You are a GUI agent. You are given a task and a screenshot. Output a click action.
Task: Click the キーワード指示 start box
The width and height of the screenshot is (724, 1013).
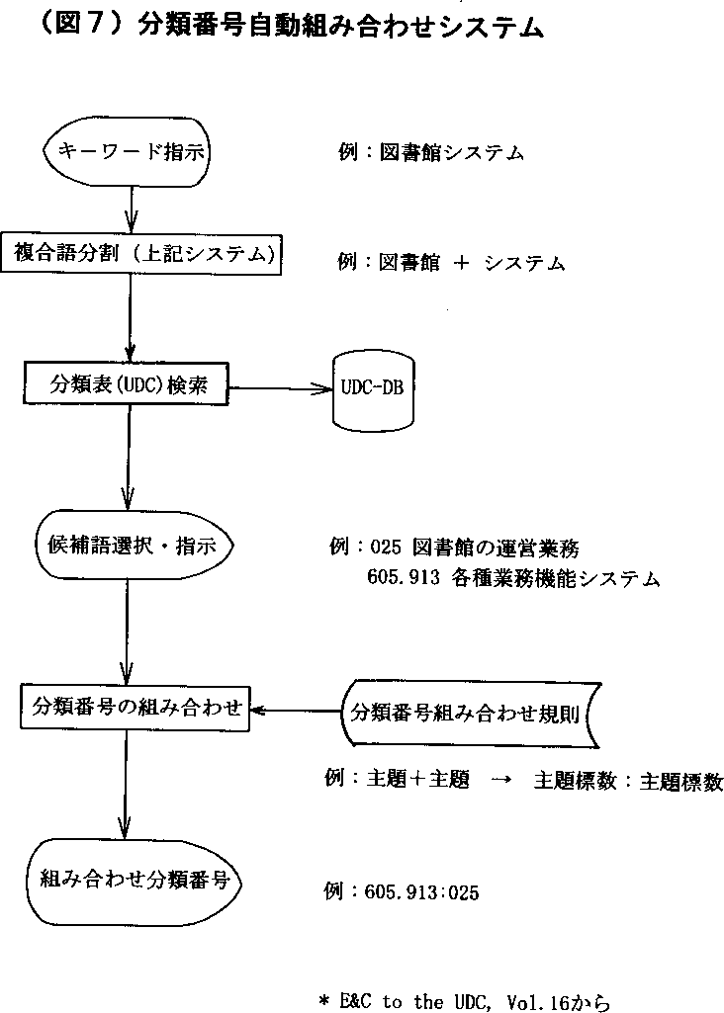click(130, 153)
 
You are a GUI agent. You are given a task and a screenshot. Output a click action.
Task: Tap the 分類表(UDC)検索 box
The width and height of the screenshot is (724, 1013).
click(128, 381)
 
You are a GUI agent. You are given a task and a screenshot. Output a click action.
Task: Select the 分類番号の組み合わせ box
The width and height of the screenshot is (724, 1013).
click(135, 707)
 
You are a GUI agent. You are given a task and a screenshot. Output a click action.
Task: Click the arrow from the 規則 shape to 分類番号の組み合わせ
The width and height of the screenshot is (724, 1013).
click(295, 709)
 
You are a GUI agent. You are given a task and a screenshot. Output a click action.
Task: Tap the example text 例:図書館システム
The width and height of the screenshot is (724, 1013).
click(430, 153)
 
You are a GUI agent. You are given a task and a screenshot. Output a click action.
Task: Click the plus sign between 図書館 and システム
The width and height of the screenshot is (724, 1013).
click(460, 263)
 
